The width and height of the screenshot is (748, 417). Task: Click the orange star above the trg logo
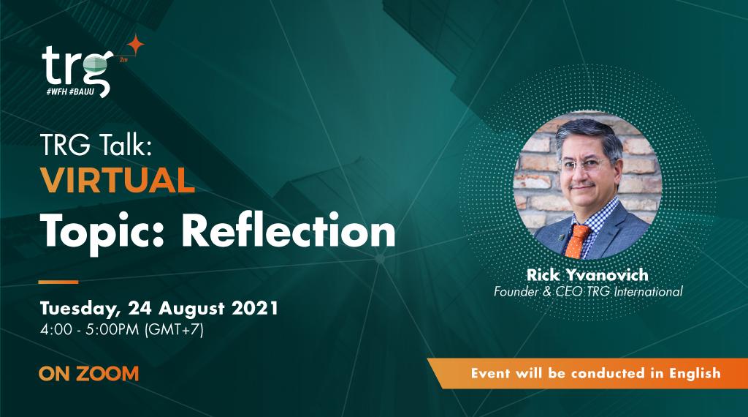135,44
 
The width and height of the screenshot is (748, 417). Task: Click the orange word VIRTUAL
117,180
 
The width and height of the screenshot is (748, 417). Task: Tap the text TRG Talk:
95,146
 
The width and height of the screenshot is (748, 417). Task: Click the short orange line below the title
58,281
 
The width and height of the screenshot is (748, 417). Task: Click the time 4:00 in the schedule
56,330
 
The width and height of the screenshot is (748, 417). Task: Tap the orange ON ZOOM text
88,373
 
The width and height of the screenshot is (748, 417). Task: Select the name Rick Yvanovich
587,275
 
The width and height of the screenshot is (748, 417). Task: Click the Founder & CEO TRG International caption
588,291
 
